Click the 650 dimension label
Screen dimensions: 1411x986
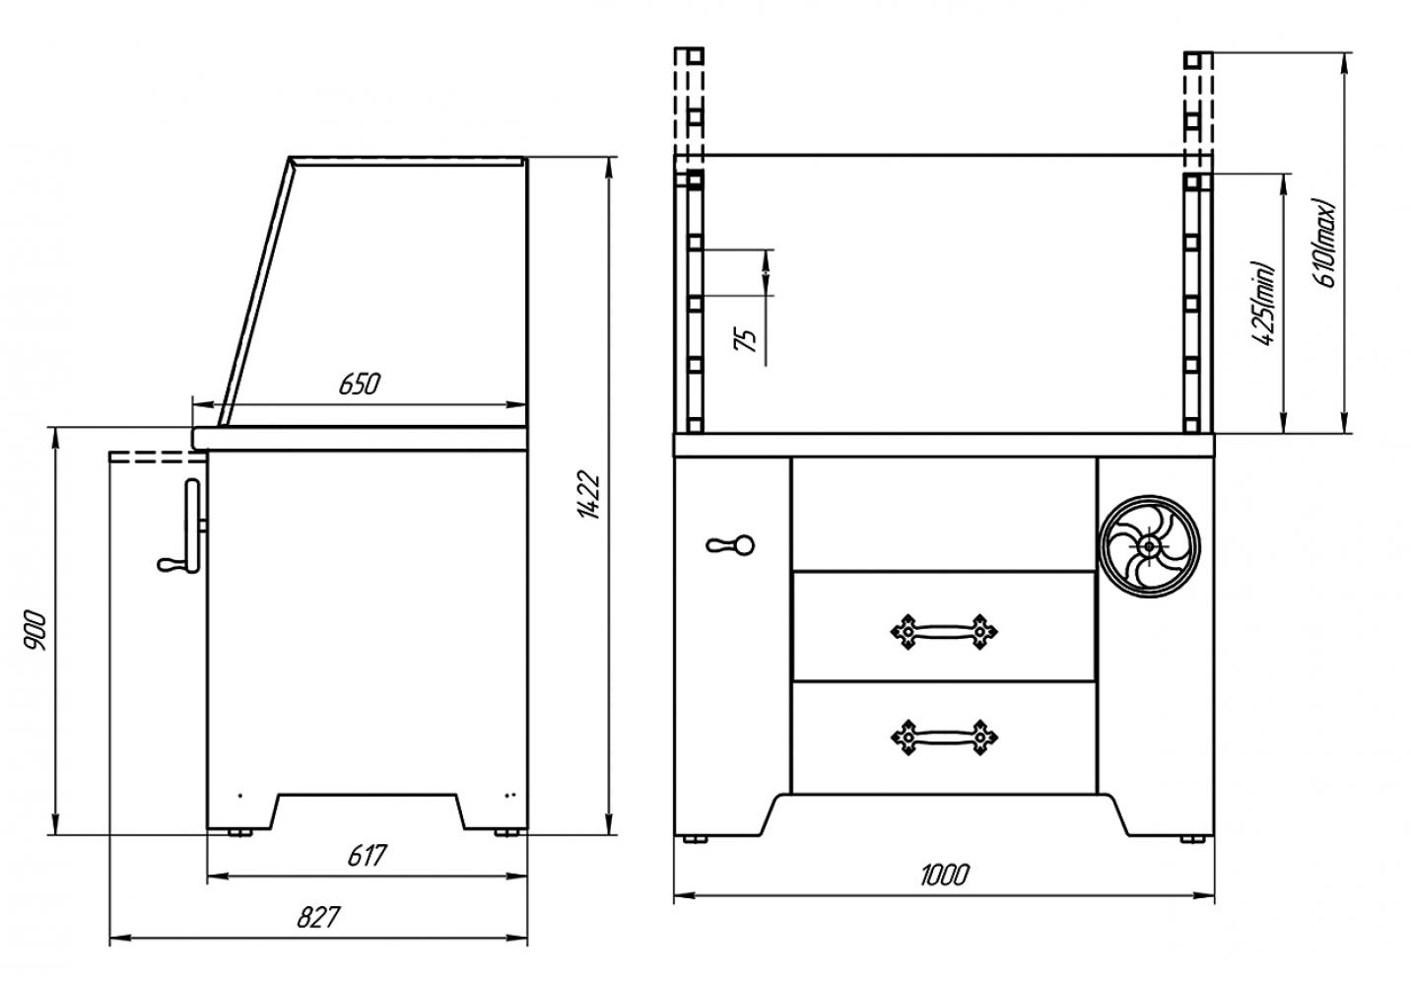[x=359, y=384]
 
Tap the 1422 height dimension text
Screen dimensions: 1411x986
[x=589, y=494]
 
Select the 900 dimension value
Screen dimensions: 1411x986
[x=35, y=631]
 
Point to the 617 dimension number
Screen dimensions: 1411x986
[x=367, y=856]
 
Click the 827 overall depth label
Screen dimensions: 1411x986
[x=318, y=917]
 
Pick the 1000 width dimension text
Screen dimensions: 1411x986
[x=944, y=875]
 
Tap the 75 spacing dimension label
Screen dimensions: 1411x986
[x=746, y=340]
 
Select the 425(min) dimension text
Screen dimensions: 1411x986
[x=1263, y=304]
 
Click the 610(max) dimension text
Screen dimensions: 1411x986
[x=1324, y=244]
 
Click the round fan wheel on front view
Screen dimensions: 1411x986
[x=1150, y=546]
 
